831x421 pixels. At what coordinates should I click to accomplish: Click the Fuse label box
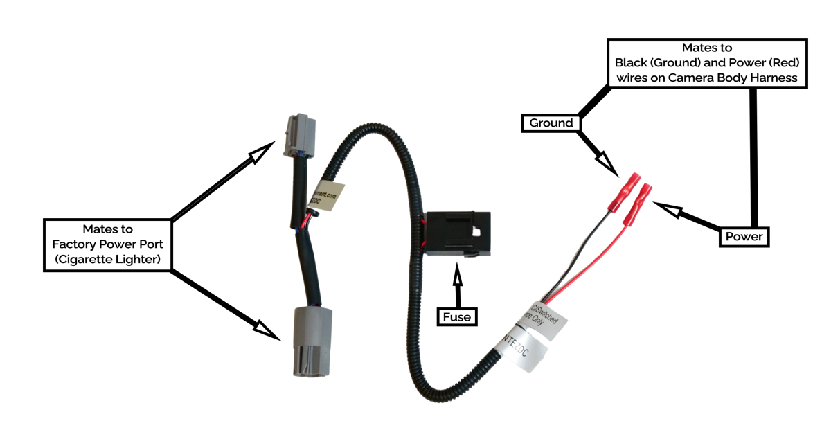click(x=457, y=317)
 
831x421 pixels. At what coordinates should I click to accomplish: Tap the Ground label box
click(x=551, y=123)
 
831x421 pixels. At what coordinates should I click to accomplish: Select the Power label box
click(x=744, y=237)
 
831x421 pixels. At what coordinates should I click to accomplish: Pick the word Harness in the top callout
click(x=778, y=78)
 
